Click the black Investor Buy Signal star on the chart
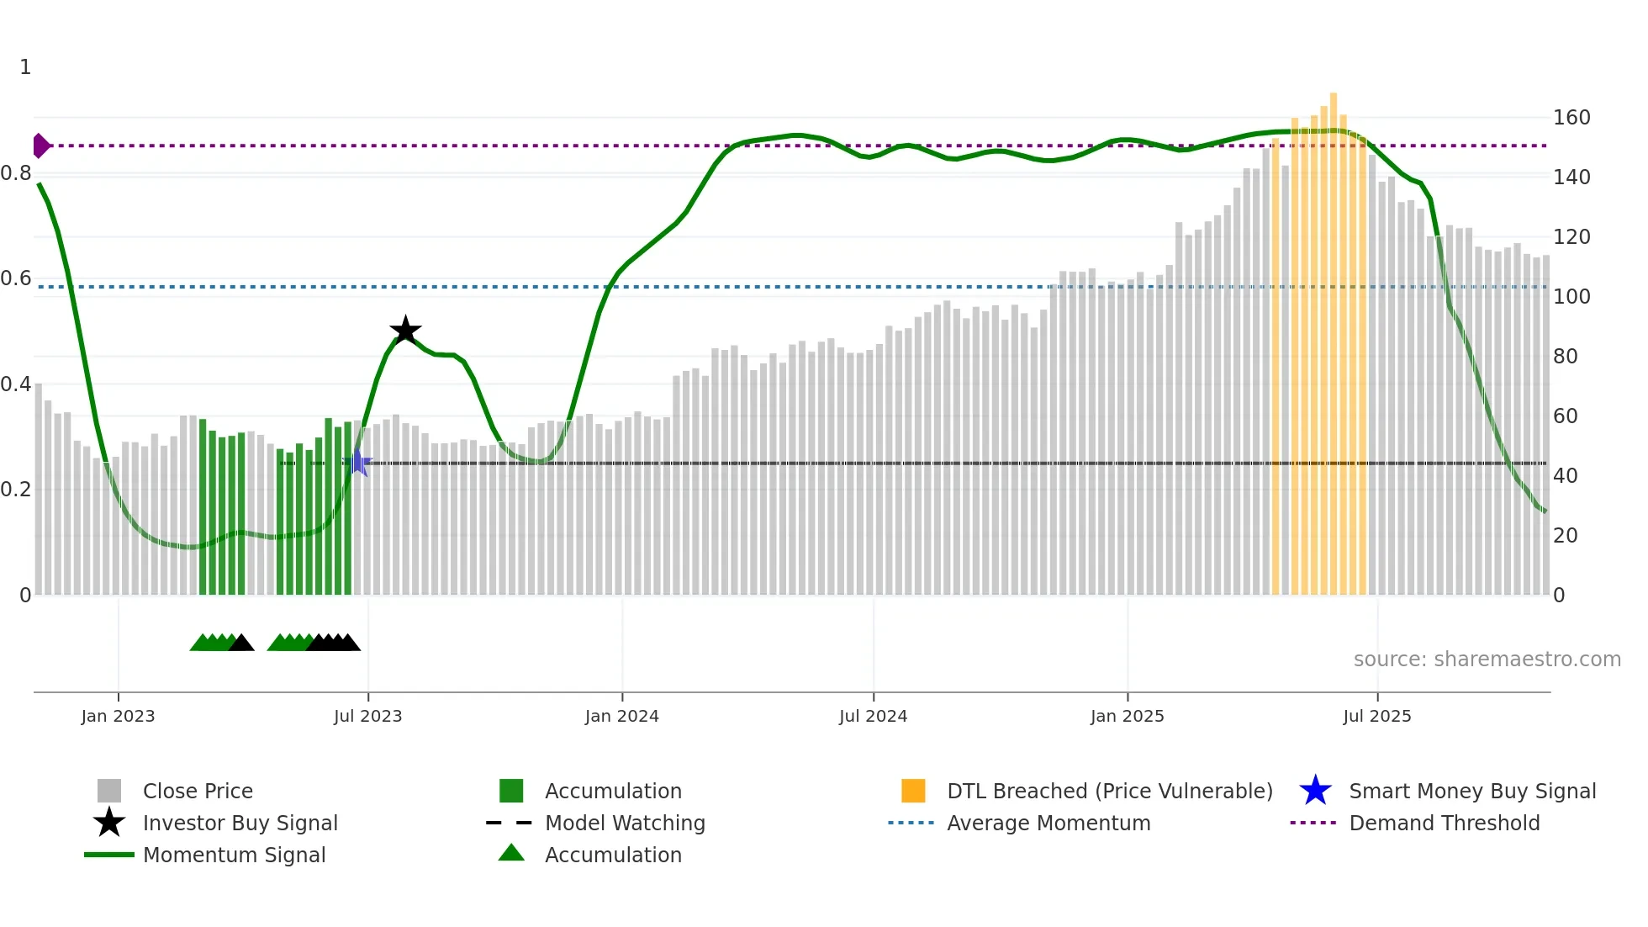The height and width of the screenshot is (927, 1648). pos(405,331)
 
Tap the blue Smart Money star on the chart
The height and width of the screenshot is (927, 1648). pos(357,463)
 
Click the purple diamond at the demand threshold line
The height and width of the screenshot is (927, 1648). pos(40,146)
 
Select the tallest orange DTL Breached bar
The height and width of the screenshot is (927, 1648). pos(1334,336)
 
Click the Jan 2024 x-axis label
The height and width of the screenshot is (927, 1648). pos(621,717)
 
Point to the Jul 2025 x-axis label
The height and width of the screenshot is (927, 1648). pos(1376,717)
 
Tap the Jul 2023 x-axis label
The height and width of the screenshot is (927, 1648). pos(367,717)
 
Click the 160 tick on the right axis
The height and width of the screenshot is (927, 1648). pos(1571,118)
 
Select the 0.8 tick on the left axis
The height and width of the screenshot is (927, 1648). pos(16,173)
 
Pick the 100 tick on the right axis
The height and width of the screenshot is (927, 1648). pos(1571,297)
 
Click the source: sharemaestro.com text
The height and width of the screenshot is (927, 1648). pos(1487,659)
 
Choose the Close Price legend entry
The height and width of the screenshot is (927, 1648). pos(198,792)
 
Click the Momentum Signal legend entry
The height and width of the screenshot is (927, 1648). pos(234,855)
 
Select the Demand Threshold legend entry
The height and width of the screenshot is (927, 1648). pos(1444,824)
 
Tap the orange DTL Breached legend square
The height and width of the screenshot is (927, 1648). pos(913,792)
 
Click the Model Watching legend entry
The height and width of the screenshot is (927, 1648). pos(624,824)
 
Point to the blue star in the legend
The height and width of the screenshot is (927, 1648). pos(1315,792)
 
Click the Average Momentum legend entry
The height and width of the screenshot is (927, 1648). pos(1048,824)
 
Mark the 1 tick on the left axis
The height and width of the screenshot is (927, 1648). pos(25,67)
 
